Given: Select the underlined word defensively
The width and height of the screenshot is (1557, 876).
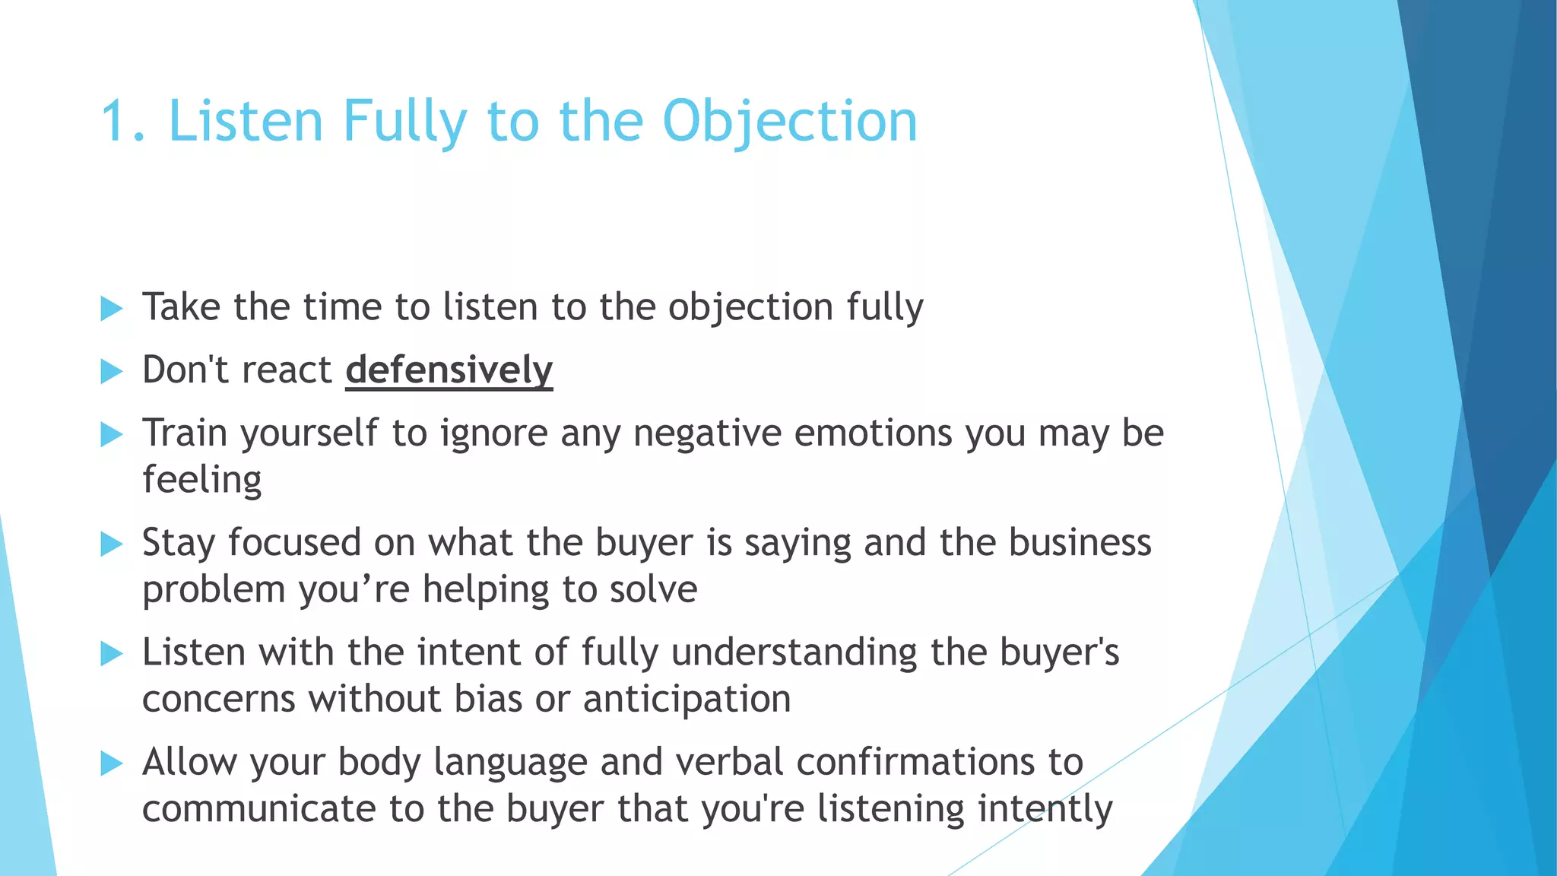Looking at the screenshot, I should (x=449, y=370).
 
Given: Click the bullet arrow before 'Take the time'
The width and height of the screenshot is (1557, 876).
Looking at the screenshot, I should (x=111, y=309).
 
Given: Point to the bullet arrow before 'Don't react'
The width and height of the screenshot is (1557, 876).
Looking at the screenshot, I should (x=111, y=372).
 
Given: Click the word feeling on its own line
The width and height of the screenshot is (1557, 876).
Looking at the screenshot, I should (x=202, y=480).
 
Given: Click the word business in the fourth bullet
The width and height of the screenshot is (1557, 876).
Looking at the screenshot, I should (x=1080, y=543).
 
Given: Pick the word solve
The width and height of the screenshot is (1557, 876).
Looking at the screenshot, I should (x=655, y=589).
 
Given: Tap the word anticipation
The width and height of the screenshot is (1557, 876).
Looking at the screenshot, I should (x=687, y=699).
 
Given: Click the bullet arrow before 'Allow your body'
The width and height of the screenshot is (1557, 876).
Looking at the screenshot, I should (x=111, y=763).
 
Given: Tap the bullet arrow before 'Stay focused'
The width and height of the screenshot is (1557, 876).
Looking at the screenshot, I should (x=111, y=544).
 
